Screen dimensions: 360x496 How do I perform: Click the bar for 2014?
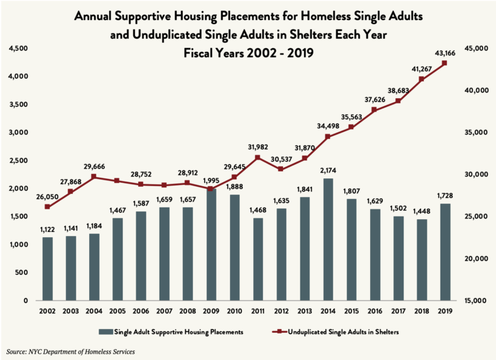[x=327, y=239]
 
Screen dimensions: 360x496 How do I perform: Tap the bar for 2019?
[x=444, y=251]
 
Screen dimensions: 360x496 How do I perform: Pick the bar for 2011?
[x=257, y=259]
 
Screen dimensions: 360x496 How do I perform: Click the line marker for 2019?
[x=445, y=63]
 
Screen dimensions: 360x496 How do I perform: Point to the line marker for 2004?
[x=94, y=176]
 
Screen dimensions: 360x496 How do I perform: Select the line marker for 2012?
[x=281, y=169]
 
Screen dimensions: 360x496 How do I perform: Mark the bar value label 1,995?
[x=211, y=180]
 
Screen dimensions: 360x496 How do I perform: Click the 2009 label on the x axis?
[x=211, y=313]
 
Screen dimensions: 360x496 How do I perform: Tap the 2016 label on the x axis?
[x=375, y=313]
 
